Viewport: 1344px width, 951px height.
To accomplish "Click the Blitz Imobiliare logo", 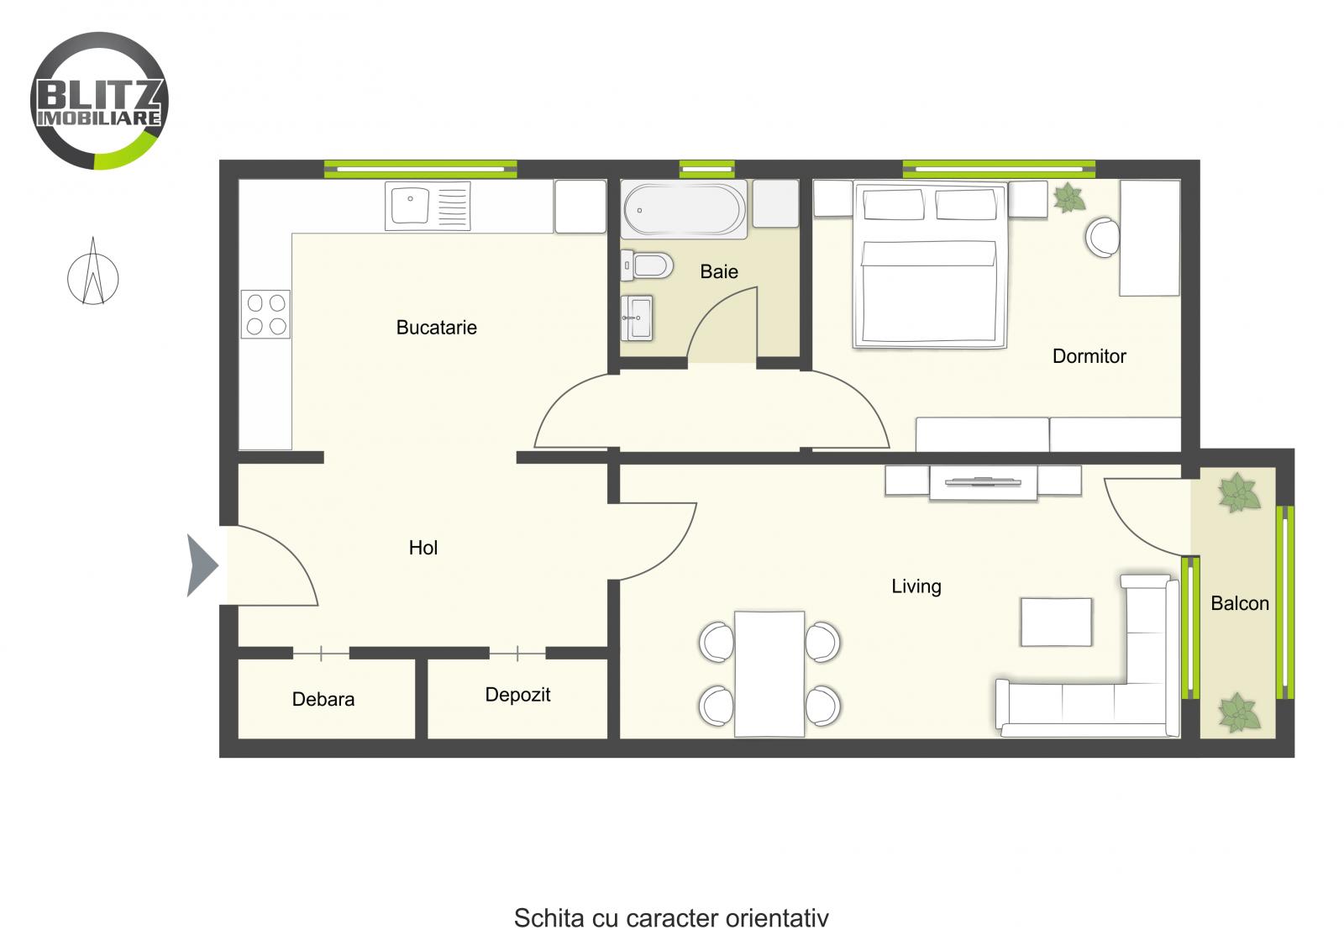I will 99,100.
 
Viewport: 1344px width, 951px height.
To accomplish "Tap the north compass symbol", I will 93,274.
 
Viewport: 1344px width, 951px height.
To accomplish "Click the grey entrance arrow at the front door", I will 202,565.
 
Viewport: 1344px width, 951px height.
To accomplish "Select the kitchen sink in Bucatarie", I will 428,206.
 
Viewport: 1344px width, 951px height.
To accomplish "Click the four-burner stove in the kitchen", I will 265,314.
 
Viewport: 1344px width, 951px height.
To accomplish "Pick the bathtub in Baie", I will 685,209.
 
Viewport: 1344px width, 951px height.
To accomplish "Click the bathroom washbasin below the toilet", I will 637,318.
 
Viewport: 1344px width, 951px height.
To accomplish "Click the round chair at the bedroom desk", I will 1101,237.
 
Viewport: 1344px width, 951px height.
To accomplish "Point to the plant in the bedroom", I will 1068,198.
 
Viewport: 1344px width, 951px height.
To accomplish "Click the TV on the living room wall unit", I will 982,483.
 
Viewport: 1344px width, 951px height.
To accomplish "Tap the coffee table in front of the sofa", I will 1056,622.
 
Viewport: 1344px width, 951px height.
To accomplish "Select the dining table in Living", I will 769,674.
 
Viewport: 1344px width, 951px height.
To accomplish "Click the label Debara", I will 323,699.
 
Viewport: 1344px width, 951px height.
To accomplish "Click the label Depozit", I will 517,695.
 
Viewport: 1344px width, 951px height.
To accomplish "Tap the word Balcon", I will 1239,603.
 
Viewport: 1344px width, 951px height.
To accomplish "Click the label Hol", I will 423,548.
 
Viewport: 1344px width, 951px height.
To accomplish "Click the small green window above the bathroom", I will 706,169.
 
